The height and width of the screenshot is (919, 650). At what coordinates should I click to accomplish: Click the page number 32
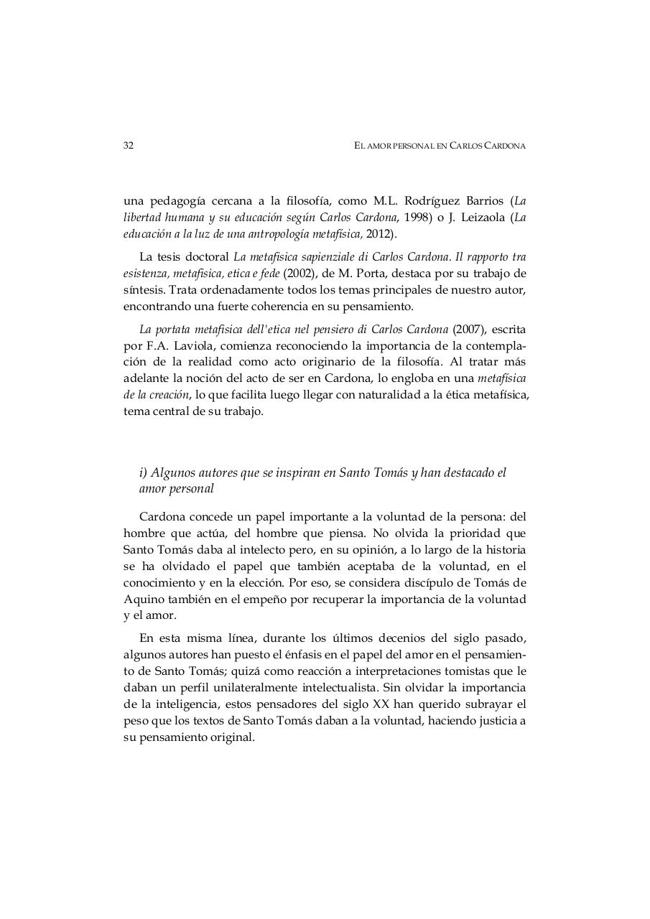[x=129, y=146]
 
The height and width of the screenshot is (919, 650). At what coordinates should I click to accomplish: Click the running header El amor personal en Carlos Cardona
[x=440, y=146]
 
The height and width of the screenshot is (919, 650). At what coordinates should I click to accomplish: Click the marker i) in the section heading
[x=143, y=472]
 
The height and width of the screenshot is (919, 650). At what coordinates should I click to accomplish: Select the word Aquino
[x=146, y=599]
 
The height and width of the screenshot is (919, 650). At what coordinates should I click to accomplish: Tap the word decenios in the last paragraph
[x=398, y=638]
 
